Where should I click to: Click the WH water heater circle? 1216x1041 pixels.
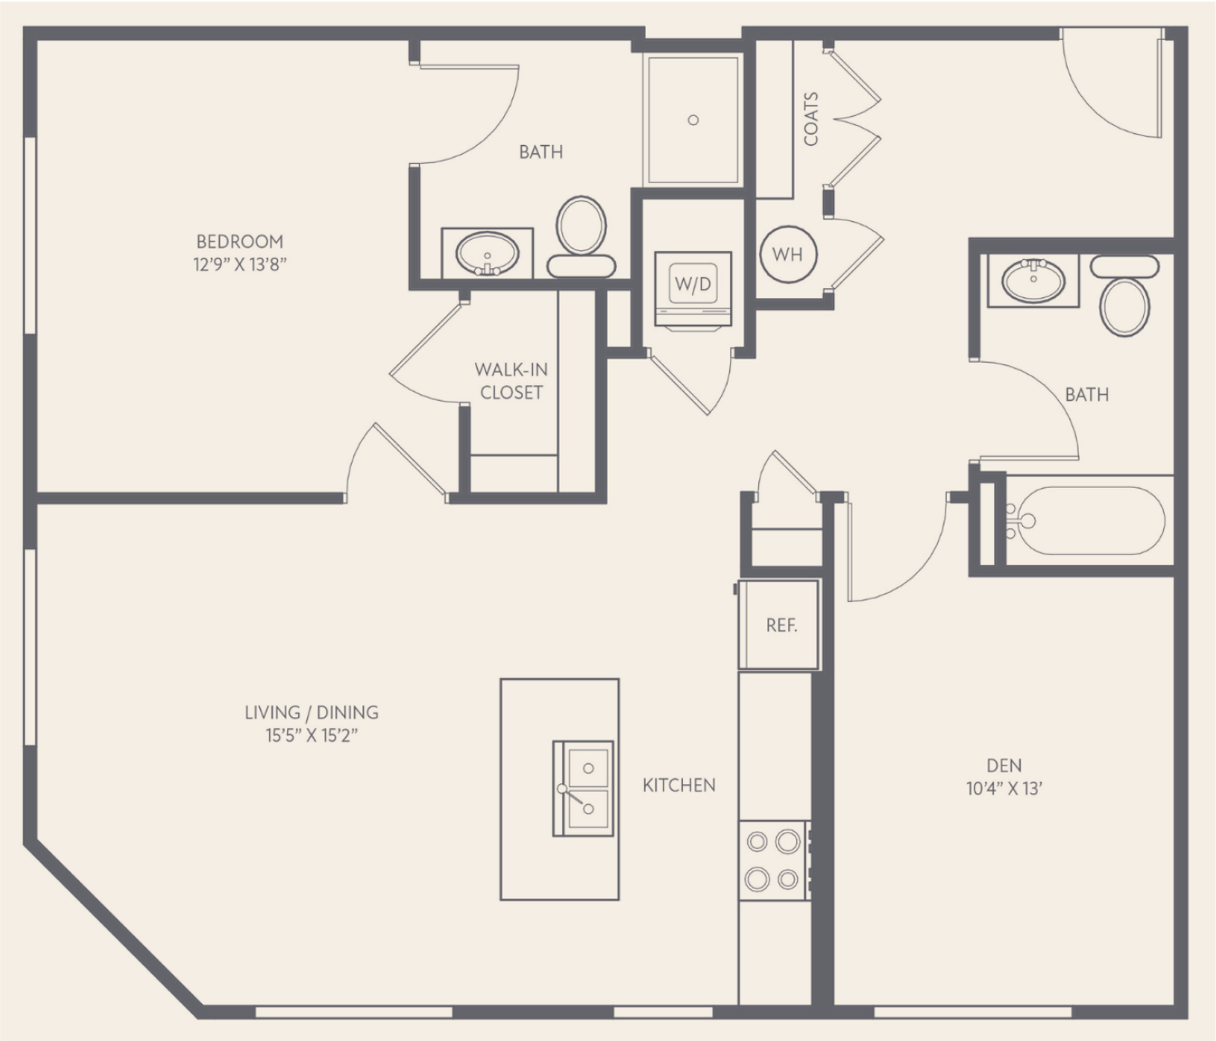tap(787, 254)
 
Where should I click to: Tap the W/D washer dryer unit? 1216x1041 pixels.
tap(694, 289)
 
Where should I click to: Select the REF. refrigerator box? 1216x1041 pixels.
tap(778, 624)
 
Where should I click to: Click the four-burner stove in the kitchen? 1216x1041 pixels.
tap(774, 860)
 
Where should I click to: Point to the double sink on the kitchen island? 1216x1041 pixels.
tap(583, 788)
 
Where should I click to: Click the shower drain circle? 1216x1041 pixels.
tap(693, 120)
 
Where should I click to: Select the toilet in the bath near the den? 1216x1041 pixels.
tap(1125, 296)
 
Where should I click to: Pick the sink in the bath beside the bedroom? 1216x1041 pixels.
tap(487, 254)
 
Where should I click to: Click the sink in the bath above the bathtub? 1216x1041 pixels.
tap(1033, 280)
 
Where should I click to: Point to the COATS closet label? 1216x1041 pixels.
tap(810, 119)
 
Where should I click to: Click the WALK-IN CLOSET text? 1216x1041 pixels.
tap(512, 381)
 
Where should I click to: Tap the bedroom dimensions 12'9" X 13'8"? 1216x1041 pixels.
tap(240, 265)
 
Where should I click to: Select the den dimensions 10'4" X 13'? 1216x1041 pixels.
tap(1004, 788)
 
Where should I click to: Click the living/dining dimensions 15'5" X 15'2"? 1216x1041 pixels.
tap(312, 735)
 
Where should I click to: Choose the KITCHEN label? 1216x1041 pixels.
tap(679, 786)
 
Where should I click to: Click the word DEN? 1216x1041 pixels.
tap(1004, 765)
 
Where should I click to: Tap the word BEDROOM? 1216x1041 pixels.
tap(240, 242)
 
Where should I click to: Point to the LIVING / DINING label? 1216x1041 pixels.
tap(312, 713)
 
